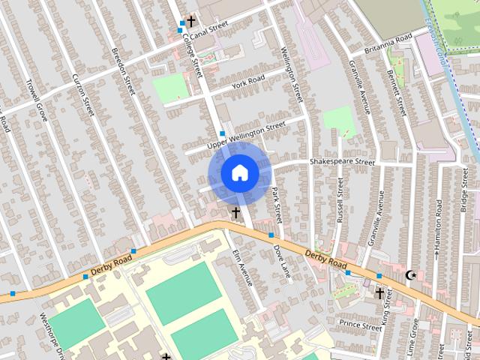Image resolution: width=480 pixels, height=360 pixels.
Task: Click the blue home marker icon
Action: tap(239, 173)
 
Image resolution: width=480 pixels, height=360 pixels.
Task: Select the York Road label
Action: tap(248, 80)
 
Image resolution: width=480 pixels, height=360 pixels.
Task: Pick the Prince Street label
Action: tap(361, 325)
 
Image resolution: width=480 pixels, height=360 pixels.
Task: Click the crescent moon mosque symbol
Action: tap(410, 275)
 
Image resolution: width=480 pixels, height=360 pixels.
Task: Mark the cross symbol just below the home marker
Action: tap(235, 213)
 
